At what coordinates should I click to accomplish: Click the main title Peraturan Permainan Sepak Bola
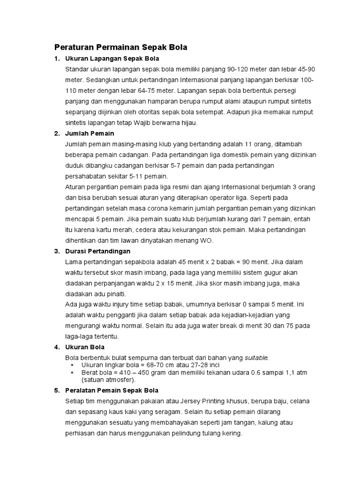pos(121,47)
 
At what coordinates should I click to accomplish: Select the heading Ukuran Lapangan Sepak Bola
pos(112,59)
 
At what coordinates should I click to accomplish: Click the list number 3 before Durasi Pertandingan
pos(56,251)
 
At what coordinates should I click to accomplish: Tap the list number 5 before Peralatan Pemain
pos(56,390)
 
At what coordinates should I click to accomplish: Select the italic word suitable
pos(256,358)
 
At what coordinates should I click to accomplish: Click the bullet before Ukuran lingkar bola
pos(72,365)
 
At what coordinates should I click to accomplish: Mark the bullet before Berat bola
pos(72,372)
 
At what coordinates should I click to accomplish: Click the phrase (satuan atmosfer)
pos(108,379)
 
